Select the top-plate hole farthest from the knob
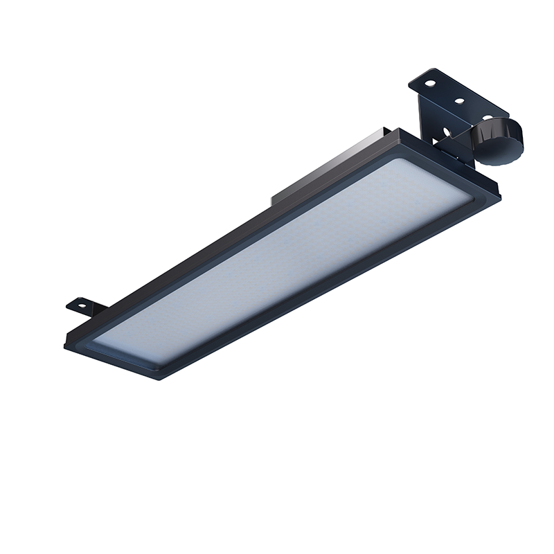tap(431, 83)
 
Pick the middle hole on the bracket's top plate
tap(459, 100)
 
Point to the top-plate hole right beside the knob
tap(487, 116)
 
